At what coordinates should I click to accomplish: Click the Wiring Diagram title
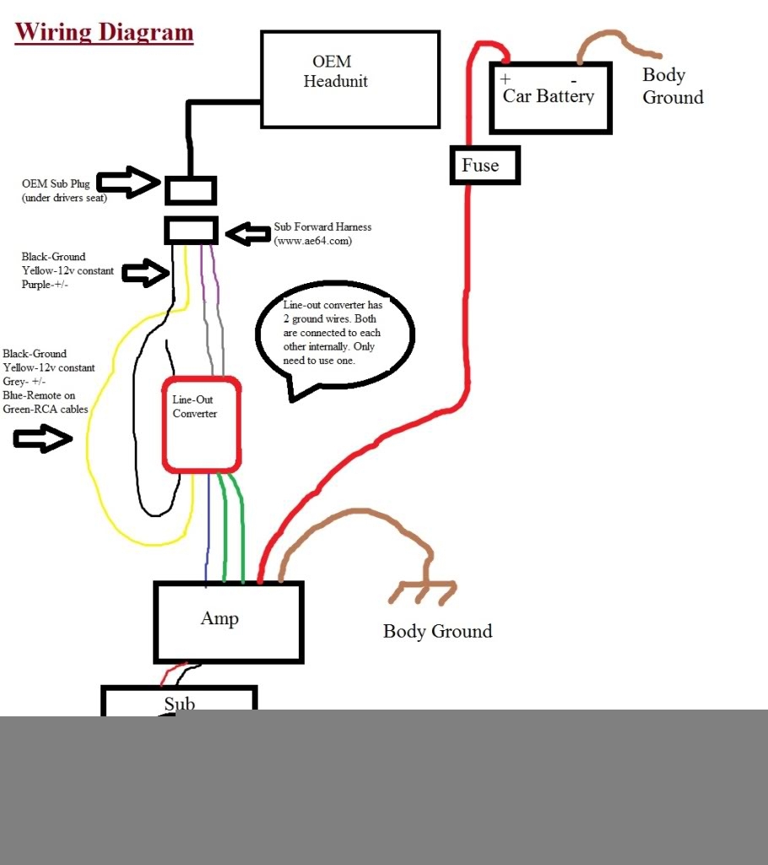tap(105, 33)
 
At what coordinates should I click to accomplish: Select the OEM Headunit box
tap(349, 79)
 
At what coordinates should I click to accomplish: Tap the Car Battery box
tap(550, 97)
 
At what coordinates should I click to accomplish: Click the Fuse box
tap(484, 166)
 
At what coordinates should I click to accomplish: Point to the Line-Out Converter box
tap(202, 424)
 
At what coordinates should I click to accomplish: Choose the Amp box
tap(228, 621)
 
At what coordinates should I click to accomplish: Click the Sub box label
tap(179, 704)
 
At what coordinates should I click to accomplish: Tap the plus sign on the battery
tap(506, 79)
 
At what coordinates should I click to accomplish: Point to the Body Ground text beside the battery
tap(673, 86)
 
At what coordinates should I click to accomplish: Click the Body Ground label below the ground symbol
tap(437, 631)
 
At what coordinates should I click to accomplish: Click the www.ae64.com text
tap(312, 241)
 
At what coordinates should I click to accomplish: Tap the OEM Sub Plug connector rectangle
tap(191, 190)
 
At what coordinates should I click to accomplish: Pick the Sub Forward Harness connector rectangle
tap(191, 230)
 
